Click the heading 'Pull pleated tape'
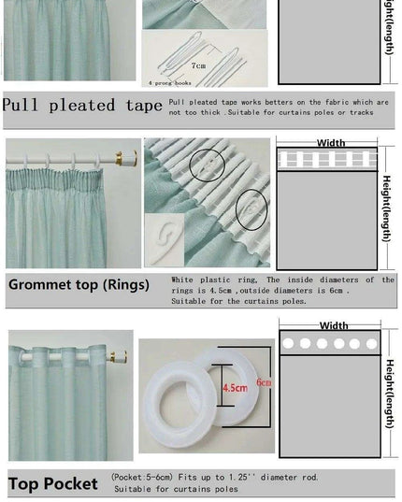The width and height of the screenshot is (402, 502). (x=82, y=105)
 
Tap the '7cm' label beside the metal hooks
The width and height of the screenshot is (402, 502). (x=198, y=66)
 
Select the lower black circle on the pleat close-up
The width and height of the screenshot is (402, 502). (x=251, y=208)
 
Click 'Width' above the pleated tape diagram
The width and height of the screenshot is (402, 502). (x=331, y=144)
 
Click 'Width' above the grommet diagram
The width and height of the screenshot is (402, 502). (x=334, y=326)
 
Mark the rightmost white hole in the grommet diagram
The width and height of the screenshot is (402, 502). (x=370, y=344)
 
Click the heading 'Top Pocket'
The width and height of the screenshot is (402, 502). (x=53, y=483)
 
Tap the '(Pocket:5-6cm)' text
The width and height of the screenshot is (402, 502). (x=141, y=476)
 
